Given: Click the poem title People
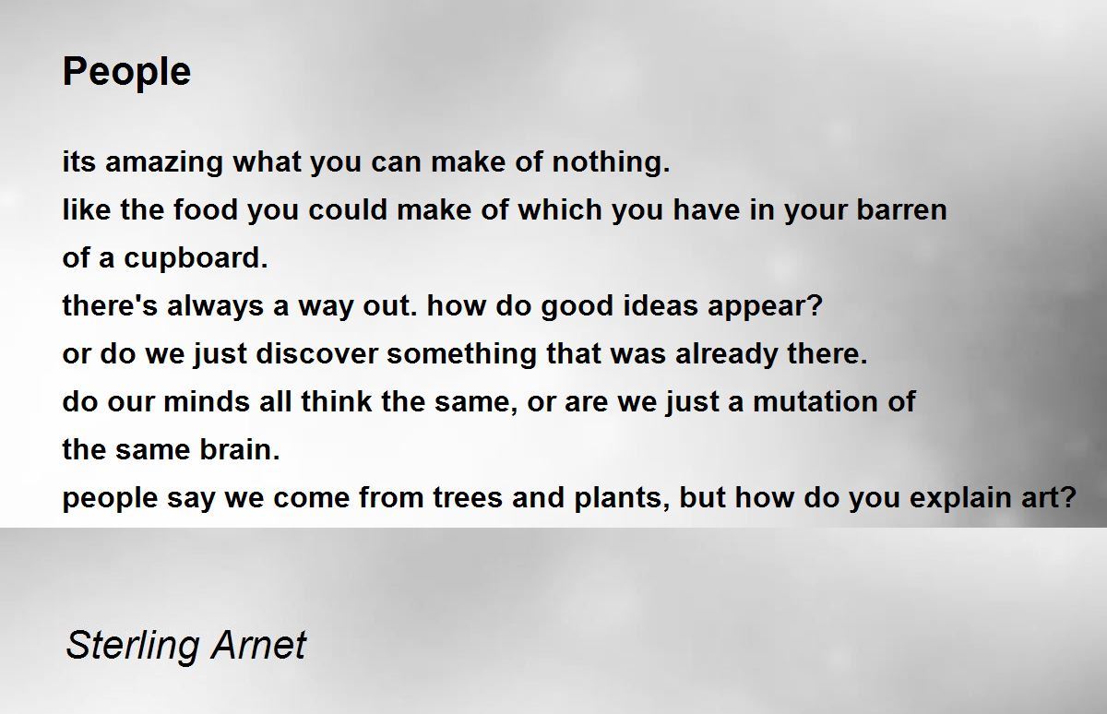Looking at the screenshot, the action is click(x=126, y=73).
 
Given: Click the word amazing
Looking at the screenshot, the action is click(x=163, y=163).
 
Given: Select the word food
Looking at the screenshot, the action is click(x=206, y=209).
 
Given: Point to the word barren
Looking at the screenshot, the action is click(x=901, y=209).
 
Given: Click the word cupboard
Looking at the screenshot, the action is click(x=196, y=259).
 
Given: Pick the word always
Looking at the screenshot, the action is click(x=215, y=307).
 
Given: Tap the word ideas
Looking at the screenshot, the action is click(x=661, y=305).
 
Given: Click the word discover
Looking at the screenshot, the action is click(x=316, y=353).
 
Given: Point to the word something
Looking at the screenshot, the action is click(x=461, y=355).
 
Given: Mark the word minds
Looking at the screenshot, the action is click(x=207, y=401).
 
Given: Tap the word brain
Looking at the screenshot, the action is click(x=239, y=449).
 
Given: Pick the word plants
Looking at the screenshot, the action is click(x=621, y=498).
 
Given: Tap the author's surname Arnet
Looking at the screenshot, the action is click(x=258, y=645).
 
